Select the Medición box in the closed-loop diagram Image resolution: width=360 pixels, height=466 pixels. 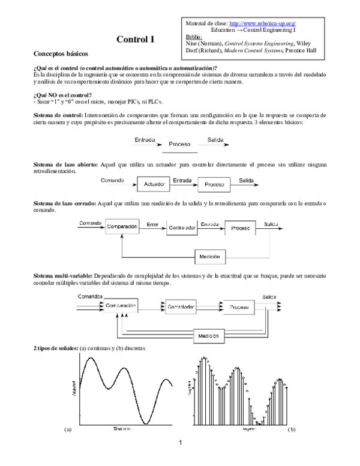210,256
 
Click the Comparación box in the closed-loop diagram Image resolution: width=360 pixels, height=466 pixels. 123,228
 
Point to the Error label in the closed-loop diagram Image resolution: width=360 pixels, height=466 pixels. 152,223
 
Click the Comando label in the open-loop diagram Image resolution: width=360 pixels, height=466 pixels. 113,180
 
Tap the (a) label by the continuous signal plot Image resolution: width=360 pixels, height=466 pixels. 68,430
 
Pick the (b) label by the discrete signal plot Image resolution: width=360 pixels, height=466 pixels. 292,430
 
